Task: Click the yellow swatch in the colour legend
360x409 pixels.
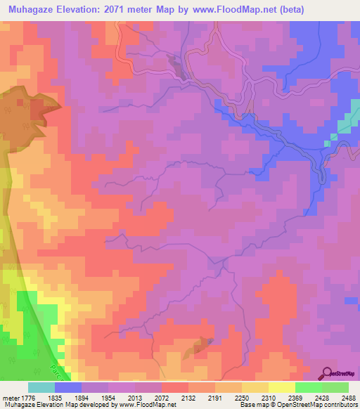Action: [281, 387]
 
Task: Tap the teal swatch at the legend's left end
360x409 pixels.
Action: [41, 387]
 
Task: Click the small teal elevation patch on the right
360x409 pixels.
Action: [343, 126]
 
